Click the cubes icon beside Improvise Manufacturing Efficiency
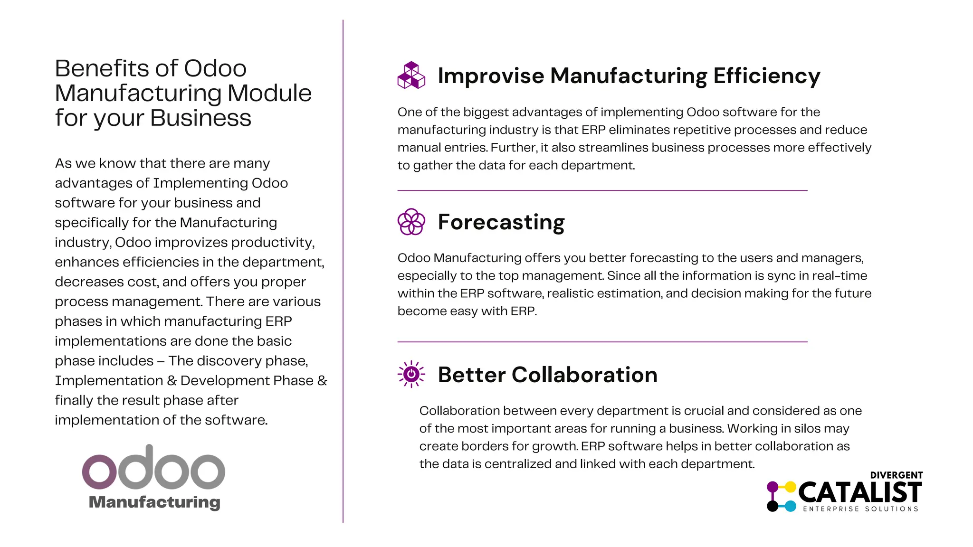[411, 75]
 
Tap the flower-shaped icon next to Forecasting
[411, 222]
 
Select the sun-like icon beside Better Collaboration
[411, 374]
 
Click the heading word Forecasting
[501, 222]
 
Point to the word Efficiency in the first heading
[766, 76]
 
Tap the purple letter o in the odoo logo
[99, 472]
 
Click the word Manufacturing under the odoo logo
[154, 502]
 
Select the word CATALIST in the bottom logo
[860, 492]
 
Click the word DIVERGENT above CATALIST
[896, 475]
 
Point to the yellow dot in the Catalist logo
[790, 487]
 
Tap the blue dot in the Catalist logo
[790, 506]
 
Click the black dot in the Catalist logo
[773, 506]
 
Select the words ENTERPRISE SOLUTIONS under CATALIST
[860, 509]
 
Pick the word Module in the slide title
[269, 94]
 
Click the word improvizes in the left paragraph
[191, 243]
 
